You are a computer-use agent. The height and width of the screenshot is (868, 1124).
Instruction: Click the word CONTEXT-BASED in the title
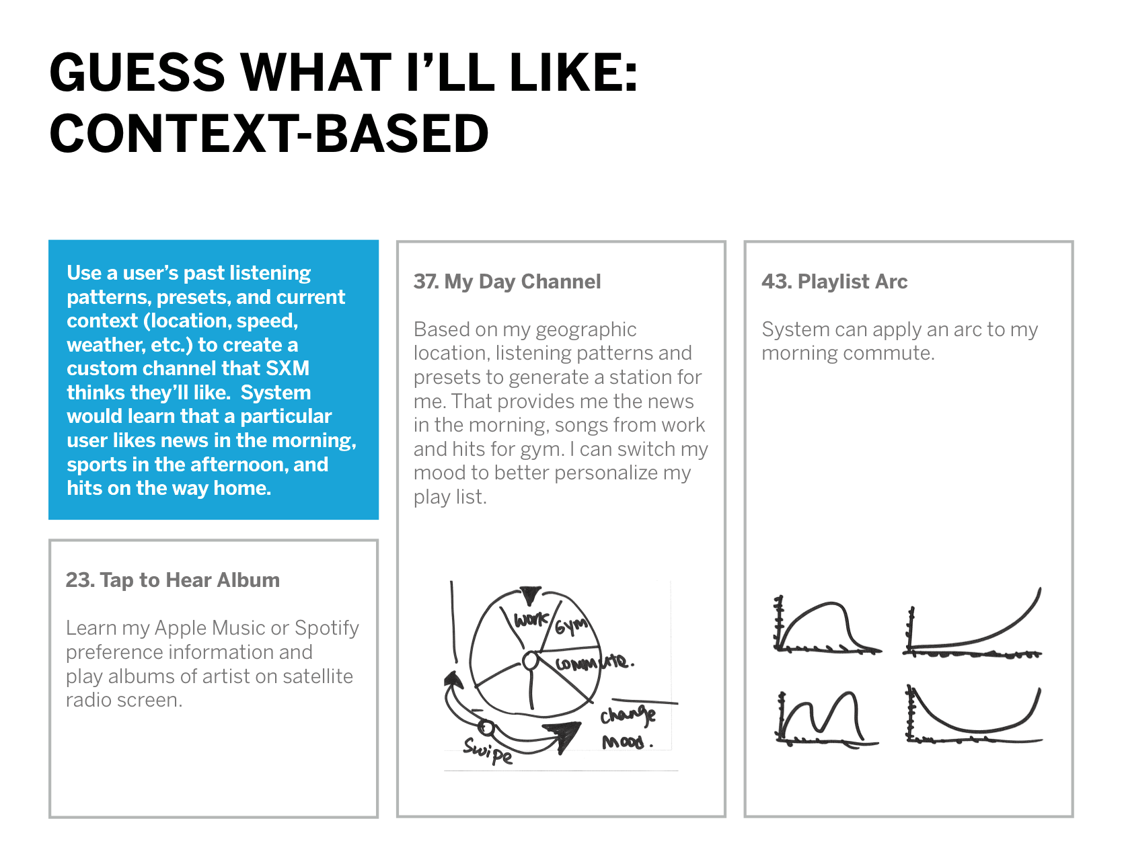click(x=269, y=133)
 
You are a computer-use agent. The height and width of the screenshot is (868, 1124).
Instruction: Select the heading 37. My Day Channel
click(x=507, y=282)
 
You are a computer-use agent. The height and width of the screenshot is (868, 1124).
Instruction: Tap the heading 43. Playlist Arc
click(x=834, y=282)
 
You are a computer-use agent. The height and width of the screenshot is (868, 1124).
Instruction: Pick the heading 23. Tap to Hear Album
click(x=173, y=580)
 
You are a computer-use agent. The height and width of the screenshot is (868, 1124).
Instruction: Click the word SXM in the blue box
click(x=287, y=368)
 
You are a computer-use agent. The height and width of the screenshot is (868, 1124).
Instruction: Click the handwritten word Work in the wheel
click(x=531, y=619)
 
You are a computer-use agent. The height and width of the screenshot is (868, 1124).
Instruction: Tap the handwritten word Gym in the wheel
click(x=571, y=625)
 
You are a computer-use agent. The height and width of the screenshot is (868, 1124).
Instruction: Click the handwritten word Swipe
click(x=488, y=751)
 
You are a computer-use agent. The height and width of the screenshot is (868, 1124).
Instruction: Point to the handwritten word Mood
click(x=627, y=742)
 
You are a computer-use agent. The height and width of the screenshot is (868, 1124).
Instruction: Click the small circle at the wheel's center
click(x=531, y=661)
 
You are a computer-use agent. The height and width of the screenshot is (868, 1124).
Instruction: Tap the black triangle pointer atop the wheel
click(x=530, y=596)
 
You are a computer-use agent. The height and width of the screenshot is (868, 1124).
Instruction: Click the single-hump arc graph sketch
click(x=827, y=625)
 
